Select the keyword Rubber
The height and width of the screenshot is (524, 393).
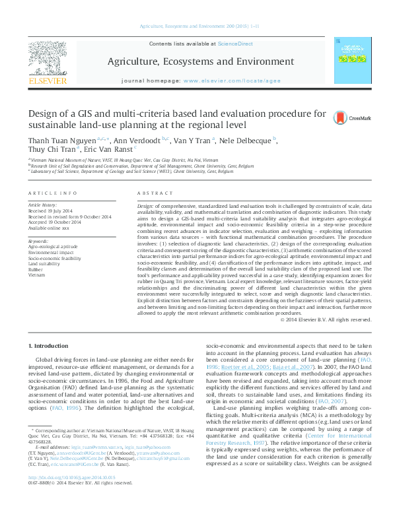pyautogui.click(x=36, y=269)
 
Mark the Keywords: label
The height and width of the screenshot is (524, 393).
pyautogui.click(x=38, y=242)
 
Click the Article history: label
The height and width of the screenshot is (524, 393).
pyautogui.click(x=43, y=205)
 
